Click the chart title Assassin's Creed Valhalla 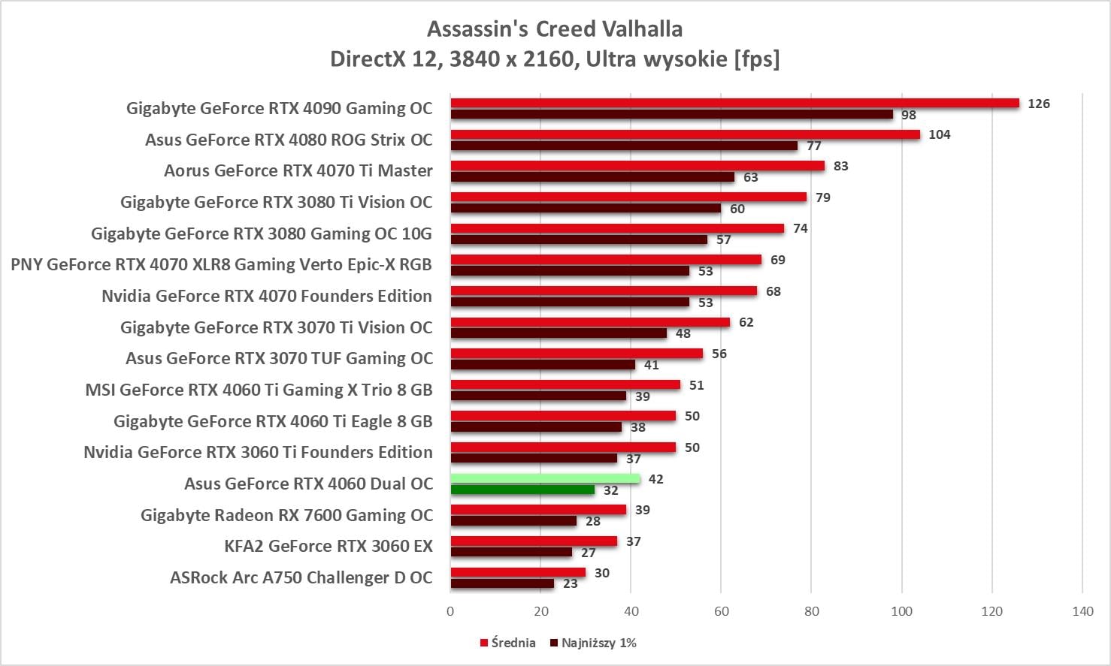555,29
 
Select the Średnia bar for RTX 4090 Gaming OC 734,104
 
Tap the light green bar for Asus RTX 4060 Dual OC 545,479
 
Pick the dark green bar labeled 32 522,490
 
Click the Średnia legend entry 508,643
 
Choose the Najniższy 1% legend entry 594,643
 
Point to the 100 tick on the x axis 901,611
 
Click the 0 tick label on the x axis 450,611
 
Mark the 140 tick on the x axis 1082,611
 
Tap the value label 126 1038,104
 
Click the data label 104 939,134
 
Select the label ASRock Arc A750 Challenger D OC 301,577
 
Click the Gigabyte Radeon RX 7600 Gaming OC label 286,515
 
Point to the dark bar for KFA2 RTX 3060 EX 511,553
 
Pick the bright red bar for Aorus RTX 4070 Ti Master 637,166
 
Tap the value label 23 571,583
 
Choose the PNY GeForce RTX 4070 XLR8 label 221,264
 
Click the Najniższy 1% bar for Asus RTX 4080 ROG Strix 624,146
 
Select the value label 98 909,115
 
